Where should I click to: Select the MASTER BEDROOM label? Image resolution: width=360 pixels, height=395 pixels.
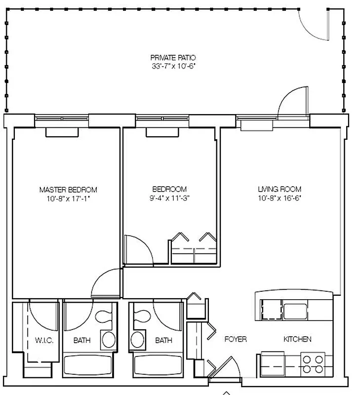pos(68,190)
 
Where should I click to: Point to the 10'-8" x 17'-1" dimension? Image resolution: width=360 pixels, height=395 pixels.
pos(68,198)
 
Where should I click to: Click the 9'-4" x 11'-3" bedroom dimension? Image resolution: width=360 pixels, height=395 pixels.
pos(169,198)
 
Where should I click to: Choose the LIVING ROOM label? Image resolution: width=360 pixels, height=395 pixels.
pos(280,189)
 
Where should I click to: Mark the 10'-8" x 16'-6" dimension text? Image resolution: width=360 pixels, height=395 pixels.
pos(280,198)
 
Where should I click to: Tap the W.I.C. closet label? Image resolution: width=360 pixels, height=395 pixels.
pos(44,341)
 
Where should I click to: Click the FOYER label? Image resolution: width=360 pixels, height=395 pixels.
pos(236,340)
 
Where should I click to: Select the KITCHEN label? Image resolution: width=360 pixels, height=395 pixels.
pos(297,340)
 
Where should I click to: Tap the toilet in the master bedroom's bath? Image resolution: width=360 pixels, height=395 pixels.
pos(104,316)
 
